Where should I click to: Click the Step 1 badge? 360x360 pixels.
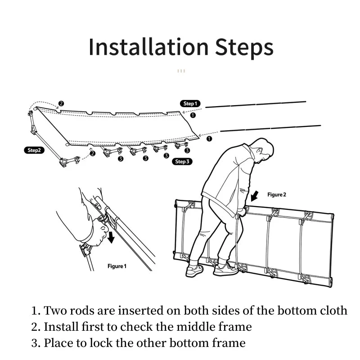(190, 103)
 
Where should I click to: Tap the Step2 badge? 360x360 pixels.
(34, 150)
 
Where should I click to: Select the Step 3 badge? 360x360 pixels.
(182, 162)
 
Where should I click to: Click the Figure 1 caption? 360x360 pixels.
(117, 266)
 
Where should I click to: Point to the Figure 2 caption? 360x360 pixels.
(277, 195)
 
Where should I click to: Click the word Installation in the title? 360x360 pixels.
(148, 47)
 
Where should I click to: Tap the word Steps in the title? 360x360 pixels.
(244, 48)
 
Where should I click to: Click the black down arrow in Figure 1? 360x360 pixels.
(111, 238)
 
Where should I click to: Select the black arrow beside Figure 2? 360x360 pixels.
(254, 196)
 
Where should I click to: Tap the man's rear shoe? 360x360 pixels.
(194, 270)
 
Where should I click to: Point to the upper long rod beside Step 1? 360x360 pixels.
(256, 104)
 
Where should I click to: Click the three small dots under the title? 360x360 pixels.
(181, 71)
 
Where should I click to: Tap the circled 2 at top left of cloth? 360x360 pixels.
(61, 103)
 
